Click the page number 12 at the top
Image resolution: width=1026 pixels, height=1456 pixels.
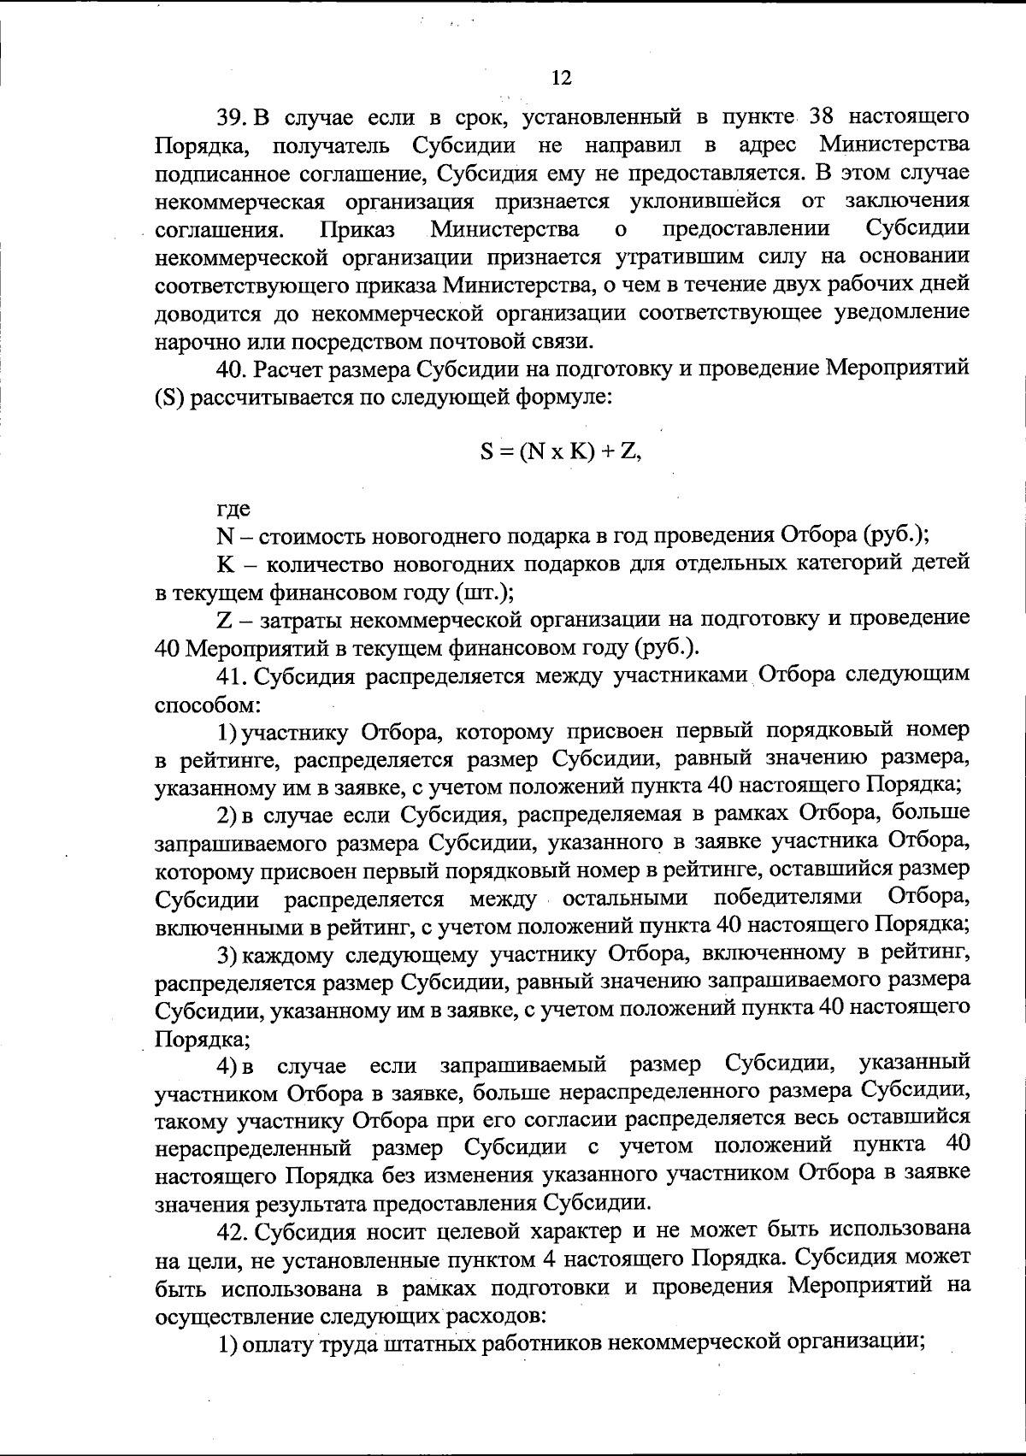[x=561, y=79]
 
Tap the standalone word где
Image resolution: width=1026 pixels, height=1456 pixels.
[x=233, y=509]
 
